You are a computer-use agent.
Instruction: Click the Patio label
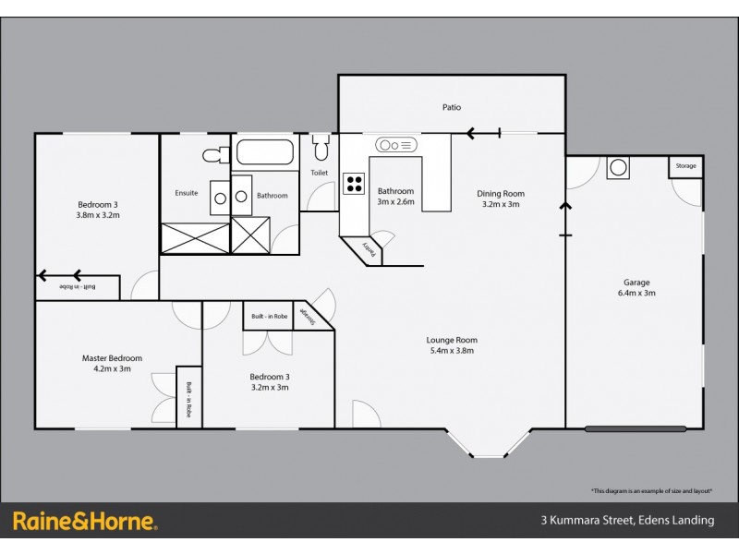[x=451, y=108]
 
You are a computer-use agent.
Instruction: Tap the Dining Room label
[x=501, y=193]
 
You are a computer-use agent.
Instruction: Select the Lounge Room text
[x=453, y=340]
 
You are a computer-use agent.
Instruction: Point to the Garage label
[x=636, y=283]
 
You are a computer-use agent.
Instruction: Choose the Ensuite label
[x=187, y=193]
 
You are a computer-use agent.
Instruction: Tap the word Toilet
[x=319, y=173]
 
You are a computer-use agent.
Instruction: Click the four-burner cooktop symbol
[x=353, y=183]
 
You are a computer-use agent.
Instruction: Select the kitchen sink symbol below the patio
[x=396, y=146]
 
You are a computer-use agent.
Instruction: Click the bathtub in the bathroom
[x=264, y=152]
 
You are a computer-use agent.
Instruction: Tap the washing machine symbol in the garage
[x=618, y=168]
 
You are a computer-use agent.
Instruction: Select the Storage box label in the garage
[x=685, y=166]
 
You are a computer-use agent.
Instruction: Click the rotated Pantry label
[x=368, y=248]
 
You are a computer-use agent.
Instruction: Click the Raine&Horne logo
[x=85, y=521]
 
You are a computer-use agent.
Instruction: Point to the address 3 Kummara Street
[x=627, y=521]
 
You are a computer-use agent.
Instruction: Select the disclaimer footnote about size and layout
[x=651, y=490]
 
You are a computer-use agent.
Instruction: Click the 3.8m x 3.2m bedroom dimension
[x=98, y=215]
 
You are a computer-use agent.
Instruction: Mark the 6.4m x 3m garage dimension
[x=636, y=294]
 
